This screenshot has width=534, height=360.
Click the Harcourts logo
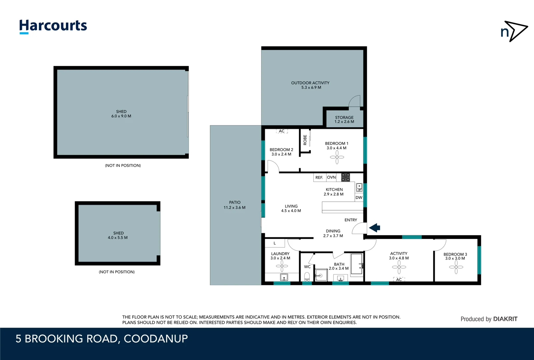click(53, 26)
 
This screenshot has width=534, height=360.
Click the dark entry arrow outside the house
click(375, 228)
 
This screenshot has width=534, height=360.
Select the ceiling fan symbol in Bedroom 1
click(337, 157)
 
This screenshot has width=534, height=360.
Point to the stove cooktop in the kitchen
click(345, 177)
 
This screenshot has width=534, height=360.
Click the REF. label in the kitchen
click(319, 178)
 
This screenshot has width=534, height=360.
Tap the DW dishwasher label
click(359, 198)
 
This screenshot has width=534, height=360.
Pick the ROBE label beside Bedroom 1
click(305, 140)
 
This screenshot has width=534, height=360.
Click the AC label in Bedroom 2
click(282, 131)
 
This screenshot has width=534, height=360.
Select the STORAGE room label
click(344, 117)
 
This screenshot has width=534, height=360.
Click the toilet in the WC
click(307, 276)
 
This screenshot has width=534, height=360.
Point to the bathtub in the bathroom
click(356, 264)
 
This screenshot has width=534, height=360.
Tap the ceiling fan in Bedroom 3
click(456, 267)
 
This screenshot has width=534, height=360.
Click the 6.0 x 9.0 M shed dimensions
click(121, 116)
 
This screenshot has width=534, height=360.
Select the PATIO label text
click(235, 202)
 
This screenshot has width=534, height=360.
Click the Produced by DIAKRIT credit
click(489, 319)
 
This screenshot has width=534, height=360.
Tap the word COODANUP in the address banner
click(156, 339)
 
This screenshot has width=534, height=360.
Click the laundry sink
click(284, 277)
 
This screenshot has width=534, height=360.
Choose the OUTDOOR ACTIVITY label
click(310, 83)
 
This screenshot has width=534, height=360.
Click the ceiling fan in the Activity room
click(399, 267)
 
